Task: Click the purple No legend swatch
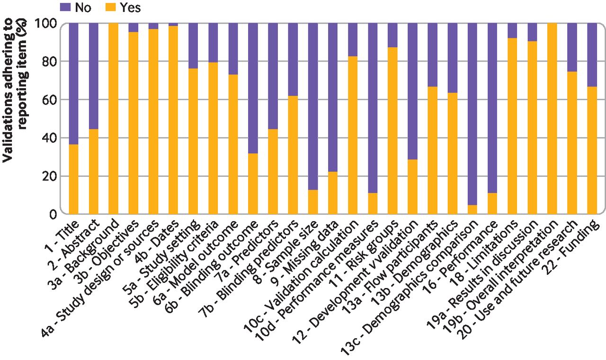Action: (65, 7)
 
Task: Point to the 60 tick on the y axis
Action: (52, 100)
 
